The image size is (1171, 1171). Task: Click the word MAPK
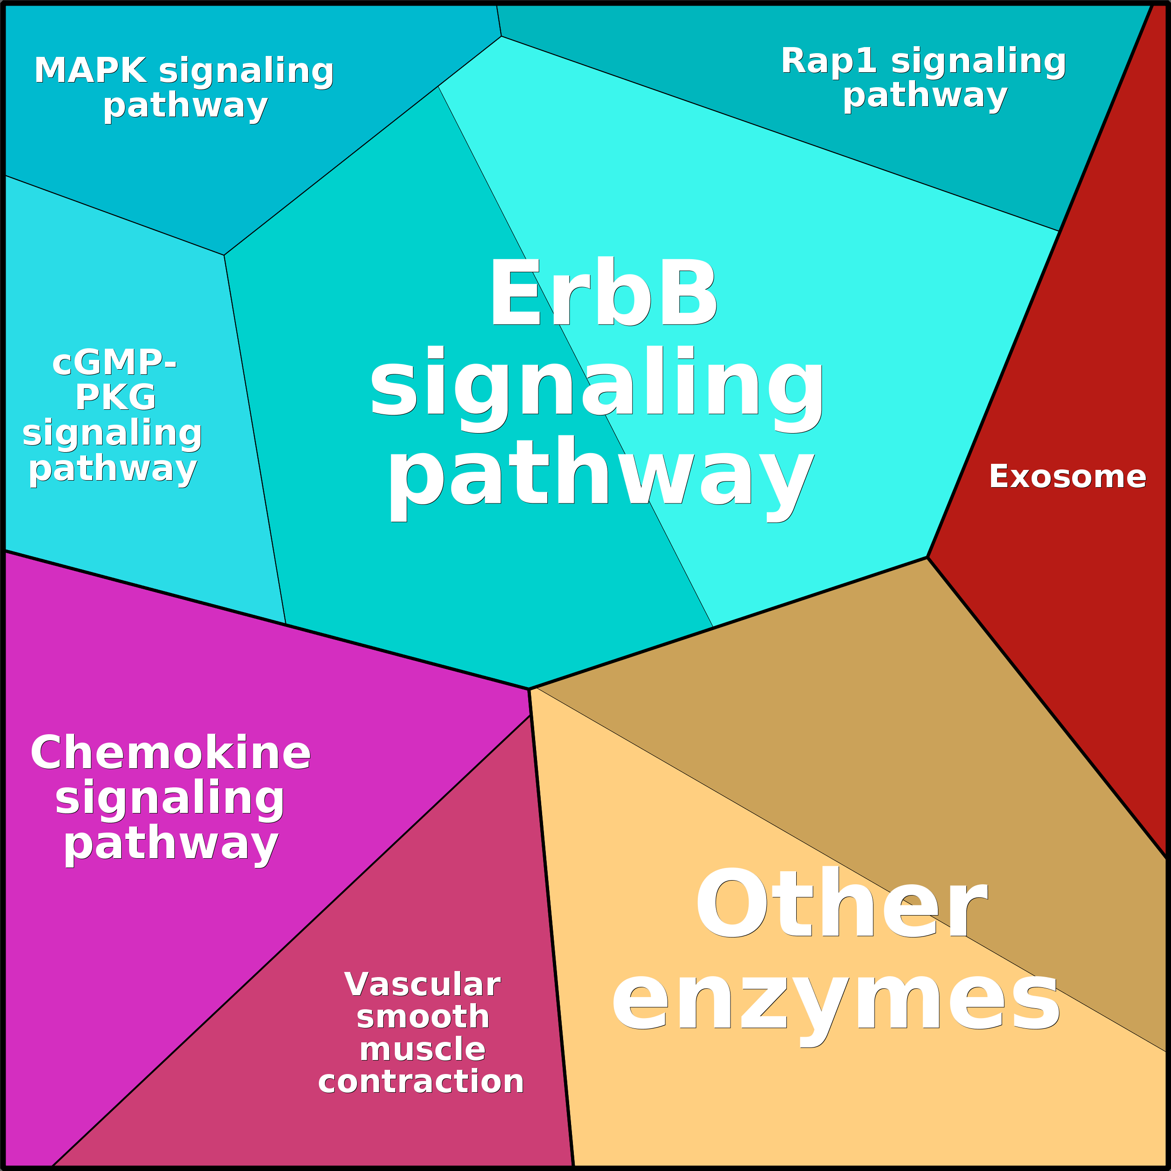pos(90,71)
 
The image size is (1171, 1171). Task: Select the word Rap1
pos(828,61)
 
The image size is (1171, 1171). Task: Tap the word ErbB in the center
pos(603,293)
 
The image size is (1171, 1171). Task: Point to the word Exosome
pos(1068,476)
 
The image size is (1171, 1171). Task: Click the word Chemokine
pos(170,753)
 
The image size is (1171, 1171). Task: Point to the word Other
pos(841,902)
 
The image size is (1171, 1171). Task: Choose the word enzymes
pos(836,1001)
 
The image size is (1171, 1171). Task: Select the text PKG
pos(115,398)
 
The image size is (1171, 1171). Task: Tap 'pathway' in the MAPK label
pos(186,106)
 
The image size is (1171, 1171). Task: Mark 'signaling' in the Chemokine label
pos(170,799)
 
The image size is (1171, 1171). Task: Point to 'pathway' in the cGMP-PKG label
pos(113,469)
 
